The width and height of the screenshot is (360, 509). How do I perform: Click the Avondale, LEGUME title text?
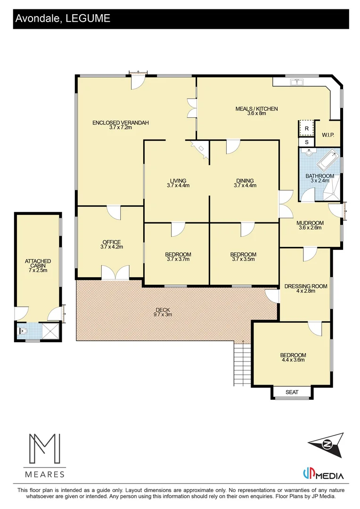point(63,18)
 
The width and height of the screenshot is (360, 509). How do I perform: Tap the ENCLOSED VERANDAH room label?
point(121,123)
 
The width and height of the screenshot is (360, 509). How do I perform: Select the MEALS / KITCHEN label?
point(257,109)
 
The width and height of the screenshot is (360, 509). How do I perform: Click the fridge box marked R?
point(306,128)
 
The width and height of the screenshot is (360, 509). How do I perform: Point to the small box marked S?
point(306,142)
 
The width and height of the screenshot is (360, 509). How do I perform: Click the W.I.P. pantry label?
point(328,135)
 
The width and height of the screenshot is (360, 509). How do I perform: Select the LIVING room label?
point(178,181)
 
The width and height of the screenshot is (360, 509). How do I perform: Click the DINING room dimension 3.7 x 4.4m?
point(245,186)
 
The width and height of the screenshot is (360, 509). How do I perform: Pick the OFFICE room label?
point(111,242)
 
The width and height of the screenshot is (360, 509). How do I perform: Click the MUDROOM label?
point(310,223)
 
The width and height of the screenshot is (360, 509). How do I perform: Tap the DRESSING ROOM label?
point(305,286)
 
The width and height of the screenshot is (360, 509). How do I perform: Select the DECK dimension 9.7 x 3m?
point(162,314)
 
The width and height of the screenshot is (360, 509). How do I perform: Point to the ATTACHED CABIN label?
point(38,261)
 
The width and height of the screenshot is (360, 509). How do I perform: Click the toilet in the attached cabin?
point(24,331)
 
